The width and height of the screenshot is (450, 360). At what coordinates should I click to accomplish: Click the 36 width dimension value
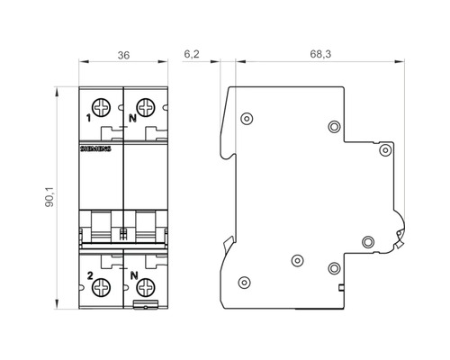pyautogui.click(x=123, y=56)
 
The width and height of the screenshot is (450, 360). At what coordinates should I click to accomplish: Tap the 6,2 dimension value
pyautogui.click(x=192, y=54)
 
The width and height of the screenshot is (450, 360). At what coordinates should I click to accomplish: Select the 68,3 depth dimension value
pyautogui.click(x=320, y=54)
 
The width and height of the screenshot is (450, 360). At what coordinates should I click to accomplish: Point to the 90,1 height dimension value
pyautogui.click(x=49, y=197)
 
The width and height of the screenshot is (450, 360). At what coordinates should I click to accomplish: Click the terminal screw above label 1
pyautogui.click(x=102, y=107)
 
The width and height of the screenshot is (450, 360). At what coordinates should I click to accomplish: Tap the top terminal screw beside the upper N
pyautogui.click(x=146, y=107)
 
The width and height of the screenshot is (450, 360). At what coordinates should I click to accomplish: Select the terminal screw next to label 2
pyautogui.click(x=102, y=287)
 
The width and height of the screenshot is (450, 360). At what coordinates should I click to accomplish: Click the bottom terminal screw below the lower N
pyautogui.click(x=146, y=287)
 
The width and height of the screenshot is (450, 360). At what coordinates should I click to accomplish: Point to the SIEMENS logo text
pyautogui.click(x=95, y=148)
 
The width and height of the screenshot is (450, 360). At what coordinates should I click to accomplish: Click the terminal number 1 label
pyautogui.click(x=88, y=119)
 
